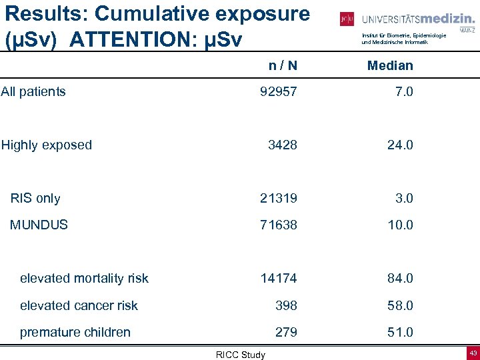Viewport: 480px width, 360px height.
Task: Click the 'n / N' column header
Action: pyautogui.click(x=283, y=65)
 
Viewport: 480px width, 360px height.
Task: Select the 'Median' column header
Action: pyautogui.click(x=390, y=65)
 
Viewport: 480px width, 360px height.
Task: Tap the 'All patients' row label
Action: pyautogui.click(x=33, y=91)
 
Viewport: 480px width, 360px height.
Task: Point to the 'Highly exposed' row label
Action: pyautogui.click(x=46, y=145)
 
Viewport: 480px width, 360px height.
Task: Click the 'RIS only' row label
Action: pyautogui.click(x=35, y=198)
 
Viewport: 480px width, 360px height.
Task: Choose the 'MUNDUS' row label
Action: pyautogui.click(x=39, y=225)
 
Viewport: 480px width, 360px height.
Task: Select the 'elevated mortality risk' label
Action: pyautogui.click(x=84, y=278)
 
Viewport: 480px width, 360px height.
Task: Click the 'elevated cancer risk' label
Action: pyautogui.click(x=79, y=305)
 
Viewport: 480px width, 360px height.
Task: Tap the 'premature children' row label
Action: pyautogui.click(x=75, y=332)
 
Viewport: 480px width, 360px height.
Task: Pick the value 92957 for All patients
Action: pyautogui.click(x=279, y=91)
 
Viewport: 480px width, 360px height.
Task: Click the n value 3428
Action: pyautogui.click(x=283, y=145)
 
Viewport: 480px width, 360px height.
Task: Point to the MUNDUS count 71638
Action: pyautogui.click(x=279, y=225)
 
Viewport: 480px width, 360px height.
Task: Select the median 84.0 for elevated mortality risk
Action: pyautogui.click(x=399, y=278)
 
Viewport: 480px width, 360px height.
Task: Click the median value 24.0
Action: pyautogui.click(x=399, y=145)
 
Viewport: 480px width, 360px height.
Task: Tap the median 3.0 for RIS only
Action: pyautogui.click(x=404, y=198)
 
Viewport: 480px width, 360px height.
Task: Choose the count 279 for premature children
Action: pyautogui.click(x=287, y=332)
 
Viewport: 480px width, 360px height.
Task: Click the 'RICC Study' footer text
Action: pyautogui.click(x=240, y=355)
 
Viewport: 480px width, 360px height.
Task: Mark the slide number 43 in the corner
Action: pyautogui.click(x=473, y=353)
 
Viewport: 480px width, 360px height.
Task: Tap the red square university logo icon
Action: pyautogui.click(x=347, y=19)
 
